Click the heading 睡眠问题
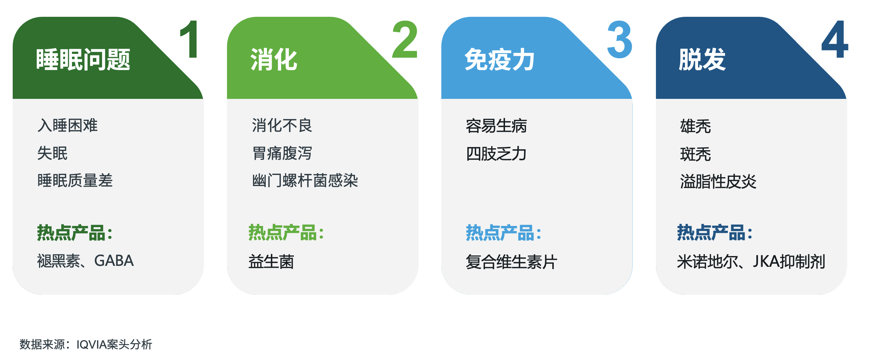coord(83,60)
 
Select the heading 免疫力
coord(500,60)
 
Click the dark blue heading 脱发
coord(702,60)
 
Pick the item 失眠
coord(52,153)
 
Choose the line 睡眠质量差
coord(75,180)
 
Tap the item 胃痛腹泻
coord(282,153)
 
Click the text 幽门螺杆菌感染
coord(305,180)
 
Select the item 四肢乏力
coord(496,154)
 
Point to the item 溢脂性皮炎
coord(718,181)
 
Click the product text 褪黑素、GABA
coord(85,261)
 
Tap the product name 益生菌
coord(271,261)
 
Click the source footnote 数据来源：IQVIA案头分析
coord(86,344)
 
